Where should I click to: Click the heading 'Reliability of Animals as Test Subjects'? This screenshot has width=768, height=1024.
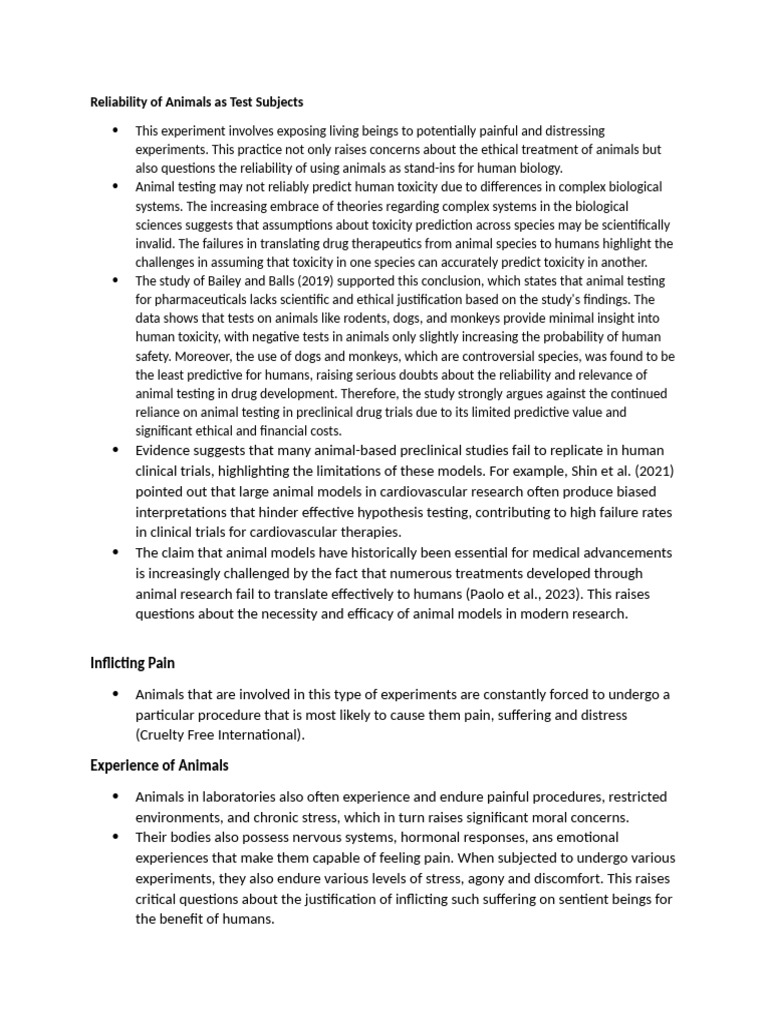[x=197, y=102]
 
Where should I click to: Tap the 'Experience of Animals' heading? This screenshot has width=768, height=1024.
[x=159, y=766]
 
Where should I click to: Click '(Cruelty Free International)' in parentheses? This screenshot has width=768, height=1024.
[x=219, y=735]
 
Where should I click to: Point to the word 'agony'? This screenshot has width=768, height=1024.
[x=494, y=878]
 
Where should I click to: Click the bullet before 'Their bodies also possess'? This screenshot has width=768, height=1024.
[x=115, y=837]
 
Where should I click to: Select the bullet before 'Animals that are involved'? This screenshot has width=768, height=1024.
[x=115, y=694]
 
